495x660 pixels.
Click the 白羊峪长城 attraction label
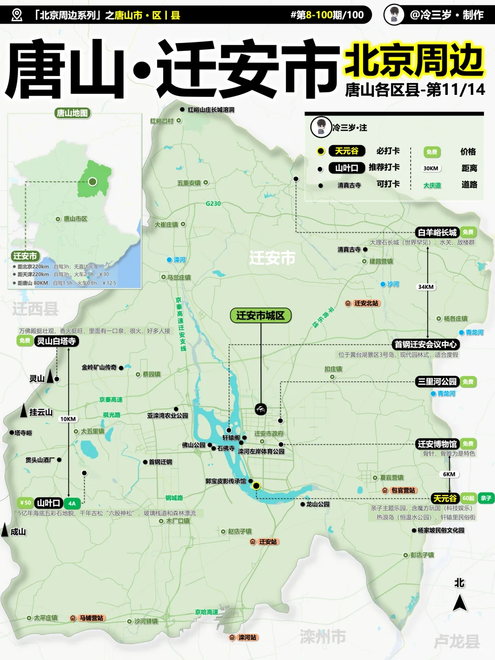(x=437, y=232)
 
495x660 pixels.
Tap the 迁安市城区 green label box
(x=260, y=315)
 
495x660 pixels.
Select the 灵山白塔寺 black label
(x=56, y=341)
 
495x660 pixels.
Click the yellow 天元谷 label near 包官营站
(x=445, y=498)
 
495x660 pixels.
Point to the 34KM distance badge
(x=426, y=287)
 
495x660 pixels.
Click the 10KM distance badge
(x=68, y=419)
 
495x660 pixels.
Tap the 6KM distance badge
(x=449, y=474)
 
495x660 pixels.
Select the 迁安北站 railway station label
(x=366, y=303)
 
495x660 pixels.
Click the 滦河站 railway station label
(x=247, y=638)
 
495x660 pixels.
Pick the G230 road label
(x=213, y=203)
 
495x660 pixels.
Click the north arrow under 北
(x=459, y=603)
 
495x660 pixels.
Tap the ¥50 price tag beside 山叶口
(x=26, y=503)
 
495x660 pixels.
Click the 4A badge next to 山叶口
(x=72, y=503)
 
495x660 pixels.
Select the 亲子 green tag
(x=486, y=498)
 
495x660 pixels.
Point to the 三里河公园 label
(x=437, y=381)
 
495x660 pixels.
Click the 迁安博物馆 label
(x=437, y=444)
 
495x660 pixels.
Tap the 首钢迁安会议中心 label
(x=425, y=344)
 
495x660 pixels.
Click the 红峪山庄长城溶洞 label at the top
(x=211, y=110)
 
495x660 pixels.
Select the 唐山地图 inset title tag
(x=72, y=113)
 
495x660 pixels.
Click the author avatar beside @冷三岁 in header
(x=394, y=15)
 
